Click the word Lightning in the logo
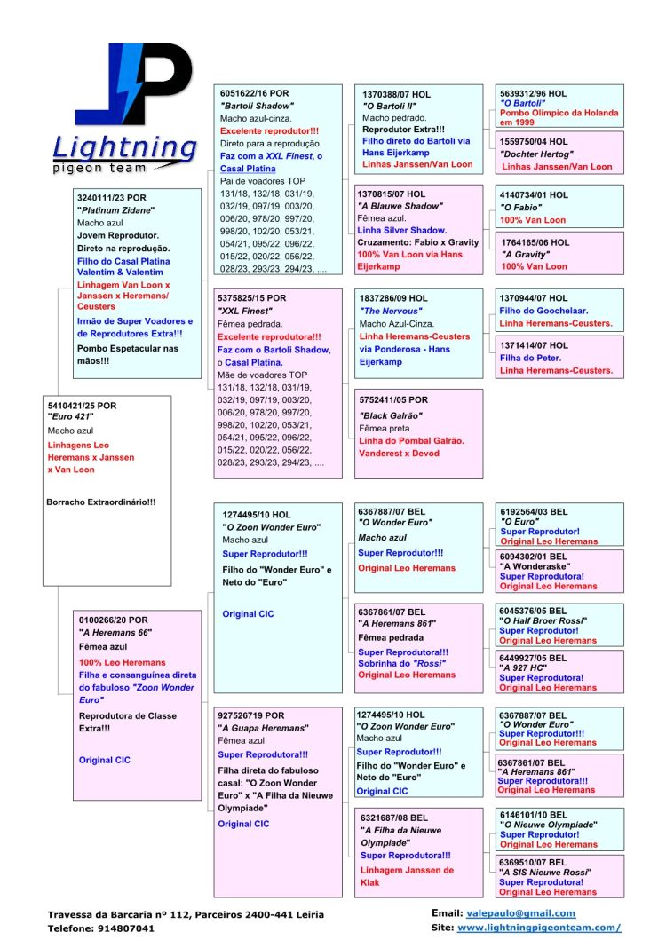(124, 147)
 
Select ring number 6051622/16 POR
(254, 93)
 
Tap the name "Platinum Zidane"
(116, 210)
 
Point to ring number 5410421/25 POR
(82, 406)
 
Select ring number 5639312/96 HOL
(533, 93)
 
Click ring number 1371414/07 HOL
(533, 345)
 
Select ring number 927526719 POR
(252, 715)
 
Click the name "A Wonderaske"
(535, 566)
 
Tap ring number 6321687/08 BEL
(394, 818)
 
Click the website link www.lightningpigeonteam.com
(539, 928)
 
